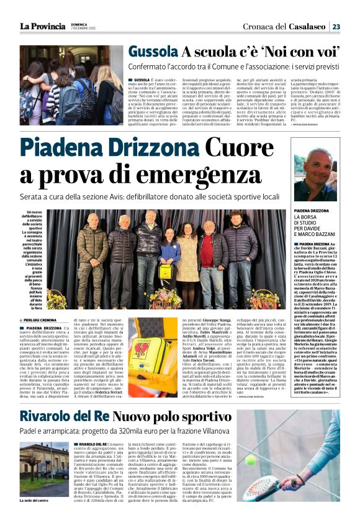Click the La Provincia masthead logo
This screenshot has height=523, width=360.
[x=42, y=25]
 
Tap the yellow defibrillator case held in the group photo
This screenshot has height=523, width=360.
[x=167, y=272]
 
